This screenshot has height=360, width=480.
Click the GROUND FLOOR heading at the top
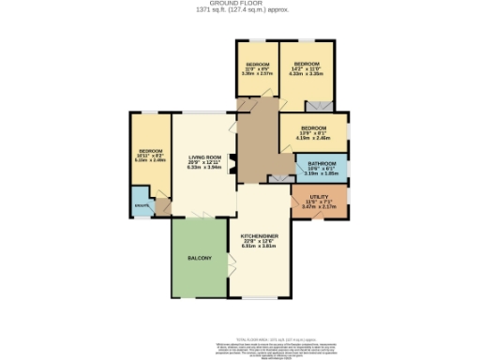point(239,4)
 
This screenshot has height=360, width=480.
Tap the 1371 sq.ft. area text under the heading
point(239,10)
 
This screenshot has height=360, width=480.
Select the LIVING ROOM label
point(203,157)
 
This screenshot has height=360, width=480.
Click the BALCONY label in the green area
point(199,258)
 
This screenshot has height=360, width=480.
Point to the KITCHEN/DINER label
point(259,235)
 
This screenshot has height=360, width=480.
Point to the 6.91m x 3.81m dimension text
point(259,247)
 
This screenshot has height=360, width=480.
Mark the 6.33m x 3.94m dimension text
point(203,168)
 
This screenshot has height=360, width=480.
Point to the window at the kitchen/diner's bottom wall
point(259,298)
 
